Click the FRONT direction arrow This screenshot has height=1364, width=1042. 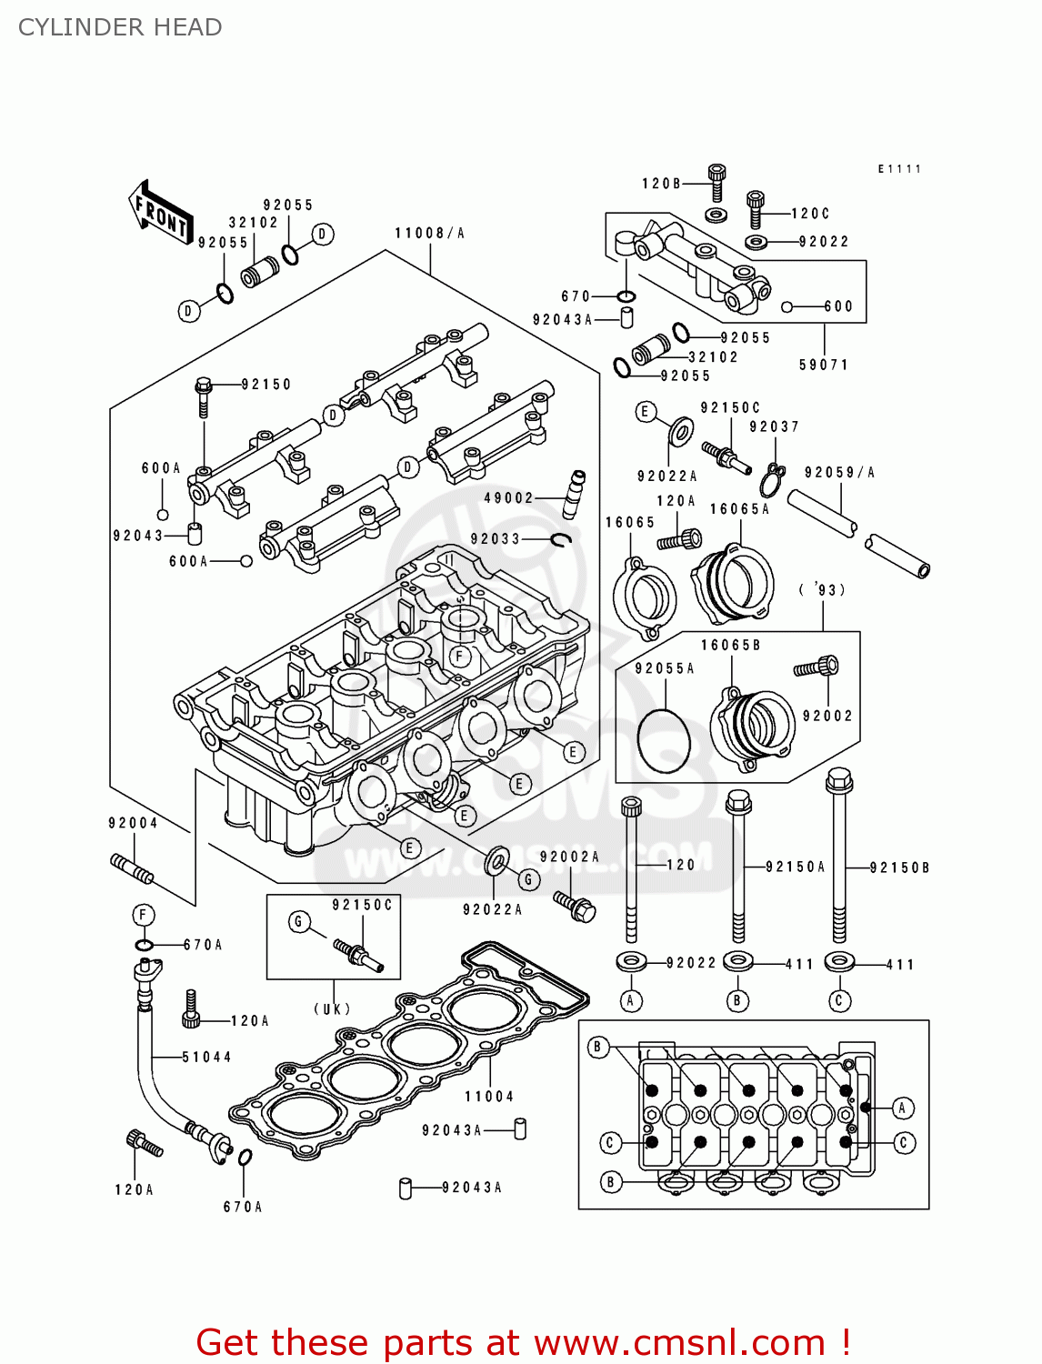click(161, 212)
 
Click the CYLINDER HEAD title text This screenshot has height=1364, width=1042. click(120, 27)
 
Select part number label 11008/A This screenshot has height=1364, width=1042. click(429, 234)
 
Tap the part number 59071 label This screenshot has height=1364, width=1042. click(824, 365)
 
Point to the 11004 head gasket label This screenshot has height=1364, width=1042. click(489, 1097)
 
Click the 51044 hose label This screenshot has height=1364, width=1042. click(206, 1057)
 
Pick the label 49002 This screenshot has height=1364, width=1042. click(508, 497)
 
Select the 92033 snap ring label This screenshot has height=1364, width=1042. click(496, 539)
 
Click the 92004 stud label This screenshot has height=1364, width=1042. click(133, 823)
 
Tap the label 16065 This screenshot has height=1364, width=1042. click(630, 522)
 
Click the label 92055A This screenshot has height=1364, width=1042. click(665, 668)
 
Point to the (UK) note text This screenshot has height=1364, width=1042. click(333, 1008)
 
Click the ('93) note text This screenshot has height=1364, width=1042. click(823, 590)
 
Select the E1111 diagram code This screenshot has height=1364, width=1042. click(899, 169)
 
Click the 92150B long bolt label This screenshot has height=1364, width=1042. click(899, 868)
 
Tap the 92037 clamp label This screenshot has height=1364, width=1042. click(774, 426)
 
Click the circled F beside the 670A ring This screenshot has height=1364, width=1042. click(144, 915)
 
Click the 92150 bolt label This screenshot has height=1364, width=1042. click(266, 385)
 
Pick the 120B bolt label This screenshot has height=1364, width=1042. click(661, 184)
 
